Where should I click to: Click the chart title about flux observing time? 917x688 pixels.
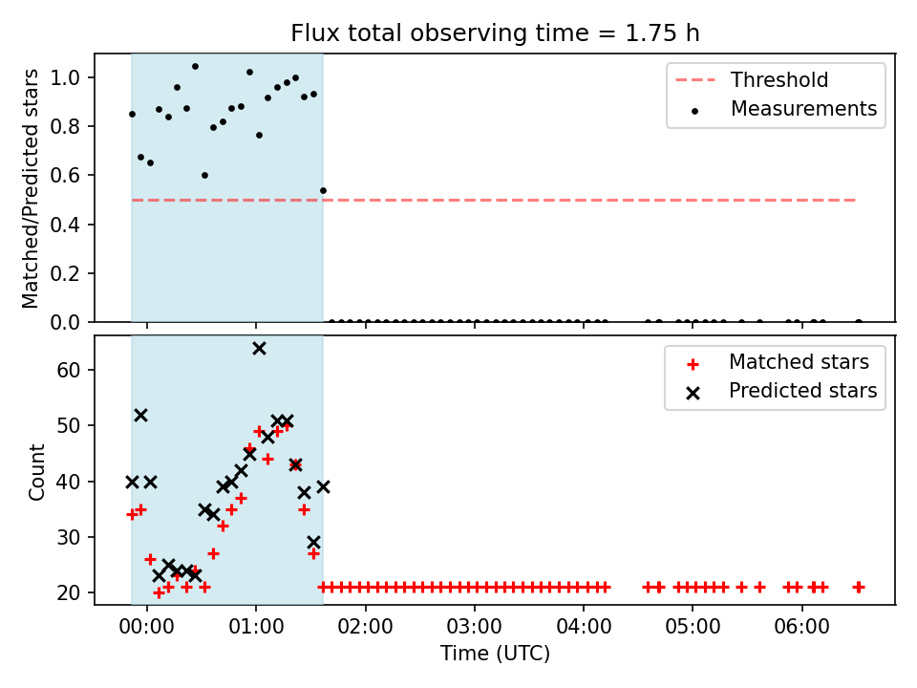coord(495,33)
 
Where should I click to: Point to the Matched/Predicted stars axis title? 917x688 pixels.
coord(31,188)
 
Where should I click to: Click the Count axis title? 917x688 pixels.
coord(36,471)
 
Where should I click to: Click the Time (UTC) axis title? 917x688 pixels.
coord(495,653)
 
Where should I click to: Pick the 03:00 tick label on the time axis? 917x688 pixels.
coord(475,627)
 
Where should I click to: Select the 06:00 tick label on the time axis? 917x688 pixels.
coord(801,627)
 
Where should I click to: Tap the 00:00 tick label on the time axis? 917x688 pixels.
coord(147,627)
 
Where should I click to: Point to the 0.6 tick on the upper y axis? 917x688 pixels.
coord(66,176)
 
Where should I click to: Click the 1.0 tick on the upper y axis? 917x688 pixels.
coord(66,77)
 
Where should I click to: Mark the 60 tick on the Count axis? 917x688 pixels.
coord(69,371)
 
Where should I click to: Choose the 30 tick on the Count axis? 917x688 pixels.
coord(69,538)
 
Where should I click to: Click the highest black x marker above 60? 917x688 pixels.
coord(259,349)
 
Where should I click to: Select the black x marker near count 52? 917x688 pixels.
coord(141,416)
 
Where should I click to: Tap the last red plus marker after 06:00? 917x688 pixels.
coord(859,587)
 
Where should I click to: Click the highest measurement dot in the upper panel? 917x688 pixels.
coord(195,67)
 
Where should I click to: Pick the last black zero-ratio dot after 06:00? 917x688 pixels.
coord(859,322)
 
